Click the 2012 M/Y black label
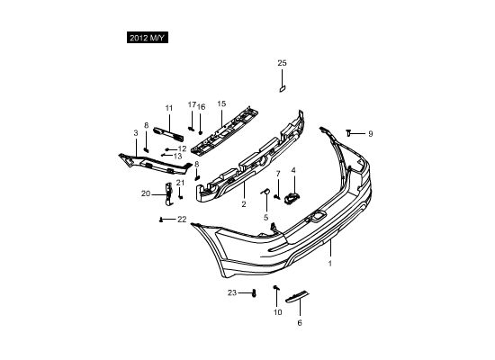click(x=148, y=38)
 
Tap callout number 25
click(x=282, y=63)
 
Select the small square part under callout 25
click(x=283, y=89)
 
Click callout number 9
click(x=371, y=134)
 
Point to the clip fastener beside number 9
click(x=348, y=133)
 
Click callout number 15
click(x=221, y=103)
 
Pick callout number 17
click(x=192, y=104)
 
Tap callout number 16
click(x=201, y=107)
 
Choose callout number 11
click(x=169, y=108)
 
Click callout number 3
click(x=136, y=133)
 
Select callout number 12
click(x=182, y=148)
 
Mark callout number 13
click(x=177, y=156)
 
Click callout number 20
click(x=146, y=193)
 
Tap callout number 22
click(x=182, y=220)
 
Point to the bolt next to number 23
click(x=254, y=293)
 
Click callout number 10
click(x=277, y=312)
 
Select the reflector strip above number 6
click(x=297, y=296)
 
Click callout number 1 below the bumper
click(x=330, y=263)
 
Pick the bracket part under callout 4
click(x=292, y=198)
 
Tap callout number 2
click(x=244, y=204)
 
